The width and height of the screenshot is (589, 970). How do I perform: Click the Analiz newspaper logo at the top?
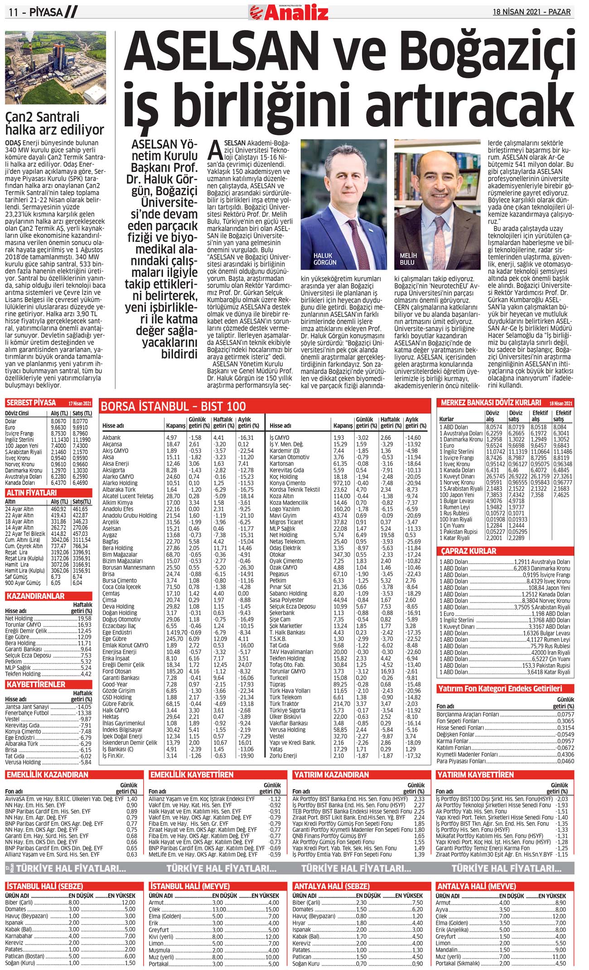tap(289, 12)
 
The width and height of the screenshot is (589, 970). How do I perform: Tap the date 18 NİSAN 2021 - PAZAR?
tap(531, 12)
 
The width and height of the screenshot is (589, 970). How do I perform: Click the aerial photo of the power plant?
tap(55, 68)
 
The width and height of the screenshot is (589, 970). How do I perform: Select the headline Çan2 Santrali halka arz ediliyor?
tap(54, 124)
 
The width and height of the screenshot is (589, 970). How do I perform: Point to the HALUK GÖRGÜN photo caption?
tap(325, 259)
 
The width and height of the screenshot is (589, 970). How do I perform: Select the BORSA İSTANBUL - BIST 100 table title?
tap(173, 406)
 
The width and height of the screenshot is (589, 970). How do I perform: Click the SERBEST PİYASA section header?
tap(31, 402)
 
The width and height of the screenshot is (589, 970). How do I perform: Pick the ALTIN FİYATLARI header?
tap(31, 492)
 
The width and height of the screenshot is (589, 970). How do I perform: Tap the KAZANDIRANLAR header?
tap(35, 596)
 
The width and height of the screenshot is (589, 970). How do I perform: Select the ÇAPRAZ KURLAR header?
tap(468, 551)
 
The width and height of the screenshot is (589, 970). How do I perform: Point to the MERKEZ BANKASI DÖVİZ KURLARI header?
tap(491, 402)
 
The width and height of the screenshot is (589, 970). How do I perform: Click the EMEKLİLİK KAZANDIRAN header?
tap(47, 774)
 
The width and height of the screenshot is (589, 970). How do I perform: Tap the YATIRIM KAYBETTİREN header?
tap(475, 774)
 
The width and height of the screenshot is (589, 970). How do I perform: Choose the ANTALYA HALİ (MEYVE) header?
tap(476, 886)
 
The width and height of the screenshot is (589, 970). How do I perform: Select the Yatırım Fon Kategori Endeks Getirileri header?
tap(500, 688)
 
